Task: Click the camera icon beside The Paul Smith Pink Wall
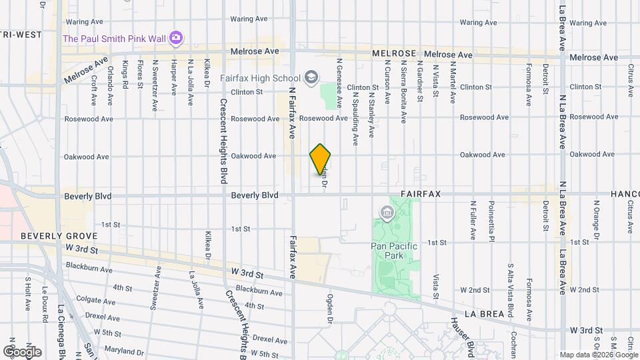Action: coord(176,37)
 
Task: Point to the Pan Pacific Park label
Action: coord(393,251)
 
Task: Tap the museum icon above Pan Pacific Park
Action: coord(386,213)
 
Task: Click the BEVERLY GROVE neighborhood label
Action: coord(59,236)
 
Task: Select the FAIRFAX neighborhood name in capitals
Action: coord(421,194)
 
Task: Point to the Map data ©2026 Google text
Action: coord(597,355)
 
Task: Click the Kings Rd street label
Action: coord(125,75)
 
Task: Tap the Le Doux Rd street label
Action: coord(45,304)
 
